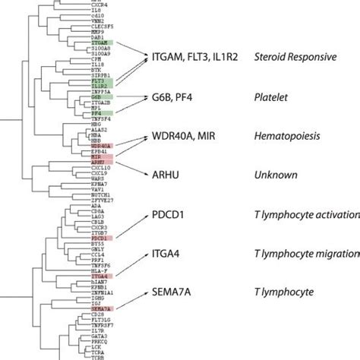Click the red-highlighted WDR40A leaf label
101,144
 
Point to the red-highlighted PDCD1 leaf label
101,238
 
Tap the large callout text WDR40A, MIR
190,139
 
